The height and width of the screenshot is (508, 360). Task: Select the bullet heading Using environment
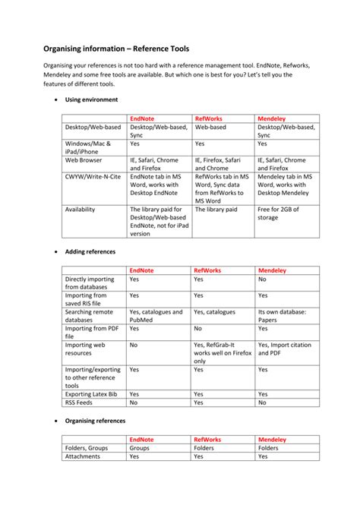[x=91, y=99]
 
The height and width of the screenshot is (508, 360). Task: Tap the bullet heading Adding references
[x=90, y=250]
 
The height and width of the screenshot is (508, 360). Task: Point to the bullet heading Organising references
[x=95, y=420]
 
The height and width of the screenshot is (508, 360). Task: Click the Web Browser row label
[x=84, y=160]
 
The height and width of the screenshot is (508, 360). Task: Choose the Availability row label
[x=80, y=209]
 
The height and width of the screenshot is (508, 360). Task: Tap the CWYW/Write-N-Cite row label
[x=90, y=175]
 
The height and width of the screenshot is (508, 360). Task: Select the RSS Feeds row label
[x=81, y=402]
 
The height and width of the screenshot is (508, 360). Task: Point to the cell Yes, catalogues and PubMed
[x=156, y=316]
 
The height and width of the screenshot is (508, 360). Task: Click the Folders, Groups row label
[x=86, y=448]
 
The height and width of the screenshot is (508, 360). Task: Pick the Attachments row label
[x=82, y=457]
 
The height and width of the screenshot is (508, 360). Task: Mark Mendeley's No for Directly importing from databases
[x=262, y=279]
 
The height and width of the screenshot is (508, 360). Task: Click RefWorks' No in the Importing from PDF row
[x=197, y=328]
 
